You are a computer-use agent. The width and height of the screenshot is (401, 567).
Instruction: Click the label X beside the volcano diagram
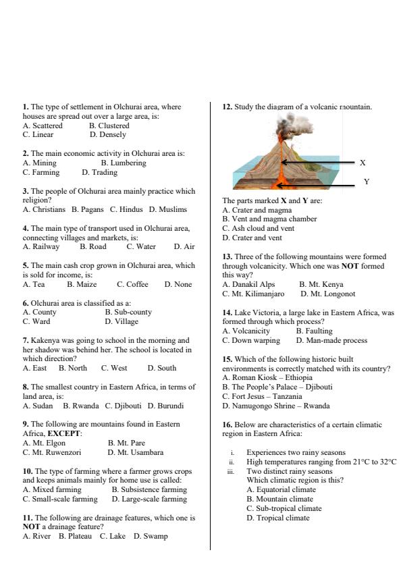pos(363,163)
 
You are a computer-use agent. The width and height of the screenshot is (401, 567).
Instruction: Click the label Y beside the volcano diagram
pos(367,182)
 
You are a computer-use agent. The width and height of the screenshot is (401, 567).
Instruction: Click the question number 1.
pos(26,107)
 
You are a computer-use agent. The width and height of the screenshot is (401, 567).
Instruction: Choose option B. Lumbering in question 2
pos(123,163)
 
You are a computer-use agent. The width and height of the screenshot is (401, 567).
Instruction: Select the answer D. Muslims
pos(168,209)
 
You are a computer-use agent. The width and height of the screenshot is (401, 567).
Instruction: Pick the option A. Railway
pos(41,246)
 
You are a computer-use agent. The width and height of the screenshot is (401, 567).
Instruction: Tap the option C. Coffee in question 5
pos(132,284)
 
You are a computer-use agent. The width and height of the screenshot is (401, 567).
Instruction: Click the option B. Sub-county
pos(128,312)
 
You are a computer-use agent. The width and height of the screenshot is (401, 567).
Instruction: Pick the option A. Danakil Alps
pos(248,284)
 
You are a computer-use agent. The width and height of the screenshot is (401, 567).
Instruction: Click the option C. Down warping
pos(251,340)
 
